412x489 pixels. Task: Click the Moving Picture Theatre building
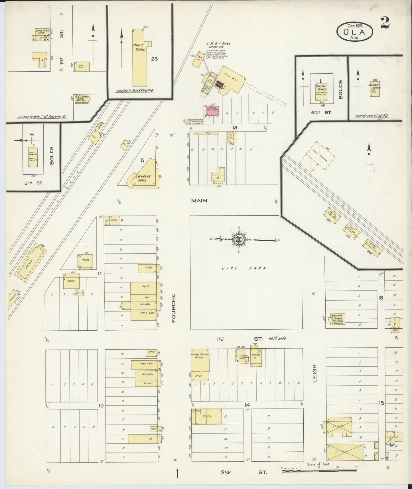[x=200, y=366]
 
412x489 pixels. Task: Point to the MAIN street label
[x=199, y=201]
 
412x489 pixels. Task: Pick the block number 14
[x=247, y=405]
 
